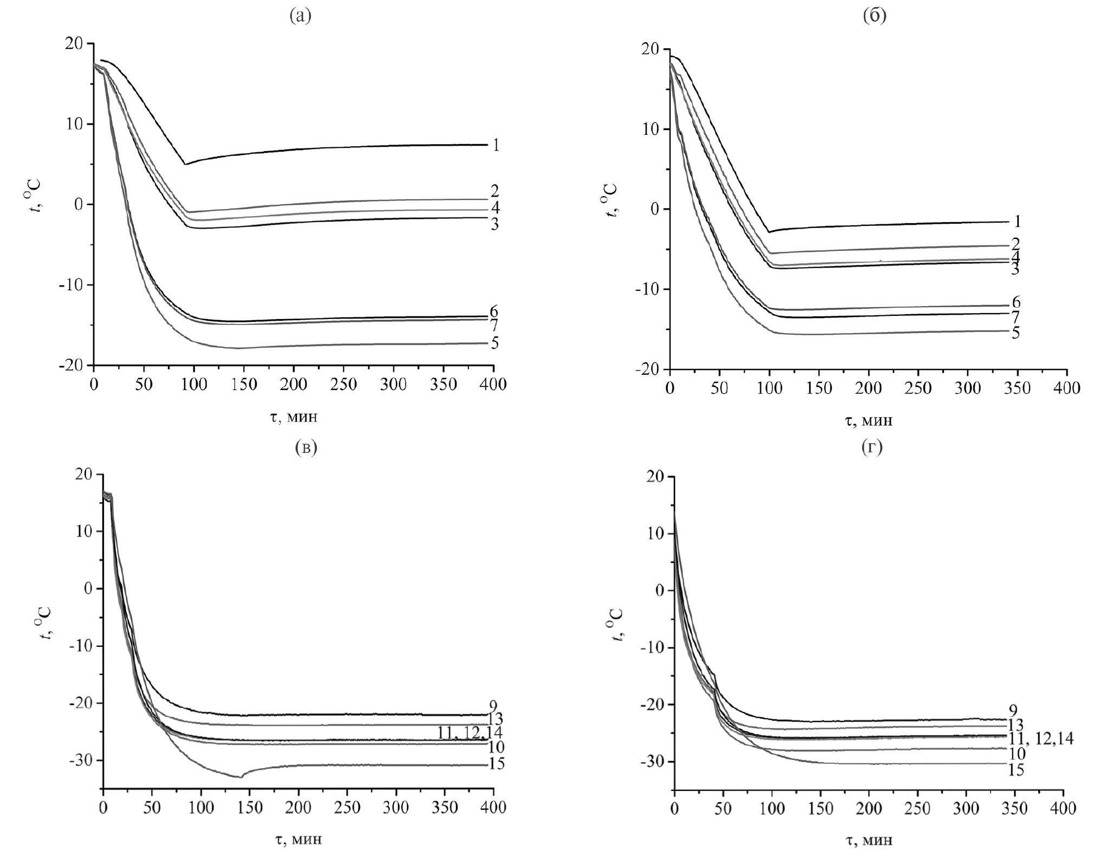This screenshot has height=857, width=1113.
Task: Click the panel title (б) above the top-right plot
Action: coord(874,16)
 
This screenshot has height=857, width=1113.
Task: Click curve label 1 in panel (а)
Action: coord(496,145)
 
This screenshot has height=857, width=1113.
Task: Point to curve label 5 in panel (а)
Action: coord(494,343)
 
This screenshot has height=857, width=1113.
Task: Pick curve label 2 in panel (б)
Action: coord(1016,244)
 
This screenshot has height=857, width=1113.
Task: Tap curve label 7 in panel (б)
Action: coord(1016,316)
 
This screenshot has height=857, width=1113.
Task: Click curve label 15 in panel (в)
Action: coord(496,764)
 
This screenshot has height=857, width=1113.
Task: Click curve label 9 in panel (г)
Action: coord(1013,710)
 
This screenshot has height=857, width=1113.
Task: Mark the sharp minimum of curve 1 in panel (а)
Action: coord(185,164)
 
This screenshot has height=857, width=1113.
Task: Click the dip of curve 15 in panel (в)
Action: coord(240,777)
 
